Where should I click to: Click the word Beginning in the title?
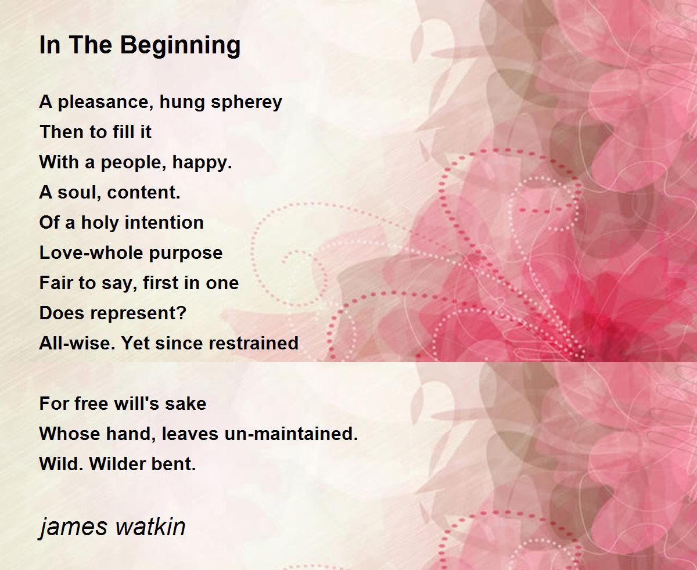(x=181, y=46)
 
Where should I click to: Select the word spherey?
(x=246, y=103)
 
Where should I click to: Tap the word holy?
(x=100, y=223)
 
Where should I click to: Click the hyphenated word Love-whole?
(x=91, y=252)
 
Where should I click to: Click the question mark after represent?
(x=182, y=312)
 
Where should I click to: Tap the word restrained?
(x=253, y=343)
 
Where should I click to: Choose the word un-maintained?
(x=291, y=434)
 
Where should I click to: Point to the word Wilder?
(x=117, y=464)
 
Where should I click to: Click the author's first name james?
(x=74, y=528)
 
